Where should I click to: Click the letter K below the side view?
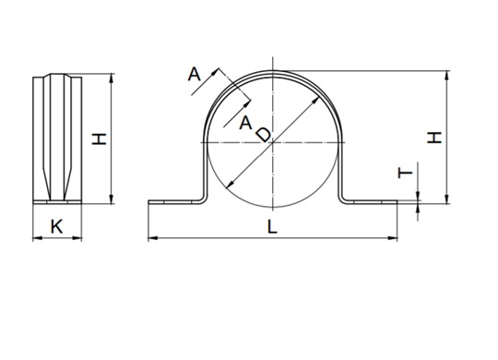[x=57, y=225]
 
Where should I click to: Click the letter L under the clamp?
[x=272, y=227]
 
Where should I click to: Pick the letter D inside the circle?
[x=263, y=135]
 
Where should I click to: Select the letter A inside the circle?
[x=245, y=123]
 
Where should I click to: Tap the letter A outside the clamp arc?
[x=195, y=74]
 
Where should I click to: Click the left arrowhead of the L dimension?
[x=151, y=239]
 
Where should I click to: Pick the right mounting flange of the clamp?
[x=373, y=200]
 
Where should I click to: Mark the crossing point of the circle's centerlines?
[x=272, y=143]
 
